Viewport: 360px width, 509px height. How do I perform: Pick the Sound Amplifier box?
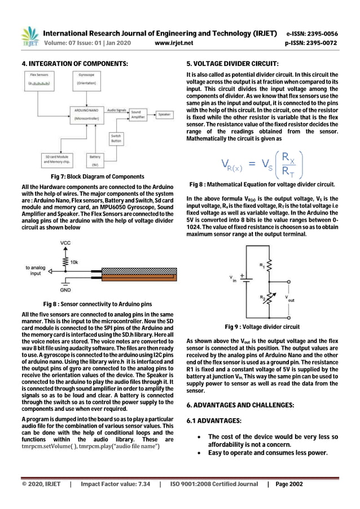coord(136,115)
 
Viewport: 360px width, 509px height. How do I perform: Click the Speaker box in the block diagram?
coord(164,114)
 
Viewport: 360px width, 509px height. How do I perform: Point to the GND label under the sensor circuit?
coord(65,290)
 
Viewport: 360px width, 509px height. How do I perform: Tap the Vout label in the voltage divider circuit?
coord(289,299)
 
